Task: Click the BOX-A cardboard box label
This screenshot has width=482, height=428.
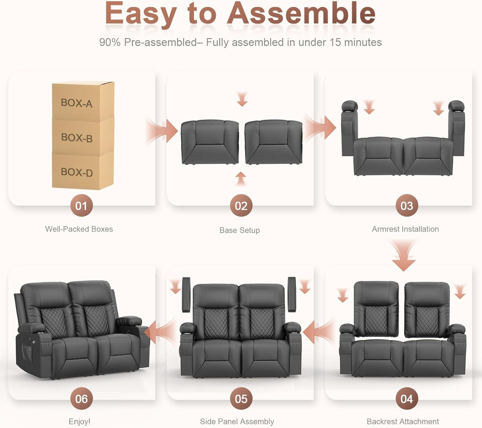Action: click(x=76, y=103)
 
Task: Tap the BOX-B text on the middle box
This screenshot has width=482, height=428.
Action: click(x=77, y=137)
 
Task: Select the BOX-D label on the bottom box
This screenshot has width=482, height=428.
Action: click(x=77, y=172)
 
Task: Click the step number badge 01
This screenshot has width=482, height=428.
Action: click(x=81, y=206)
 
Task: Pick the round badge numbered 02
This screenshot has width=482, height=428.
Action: click(x=241, y=206)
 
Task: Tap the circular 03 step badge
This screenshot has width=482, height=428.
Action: click(x=406, y=206)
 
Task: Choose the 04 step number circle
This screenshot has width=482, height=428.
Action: click(x=406, y=399)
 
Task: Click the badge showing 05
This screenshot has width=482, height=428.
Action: click(x=241, y=399)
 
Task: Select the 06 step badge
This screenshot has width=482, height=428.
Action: click(x=81, y=399)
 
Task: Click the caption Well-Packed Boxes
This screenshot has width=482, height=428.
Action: click(x=79, y=229)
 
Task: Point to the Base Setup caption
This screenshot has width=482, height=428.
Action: click(x=239, y=230)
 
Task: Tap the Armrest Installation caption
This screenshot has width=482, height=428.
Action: click(x=405, y=229)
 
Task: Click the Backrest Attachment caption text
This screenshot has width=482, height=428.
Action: click(x=403, y=422)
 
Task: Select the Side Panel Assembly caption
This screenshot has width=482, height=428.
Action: click(x=237, y=422)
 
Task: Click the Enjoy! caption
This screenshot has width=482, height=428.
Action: click(x=79, y=422)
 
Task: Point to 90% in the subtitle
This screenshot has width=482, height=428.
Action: click(x=110, y=42)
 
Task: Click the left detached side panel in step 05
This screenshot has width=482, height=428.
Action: click(x=186, y=294)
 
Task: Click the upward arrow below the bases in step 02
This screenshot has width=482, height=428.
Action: click(x=240, y=178)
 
